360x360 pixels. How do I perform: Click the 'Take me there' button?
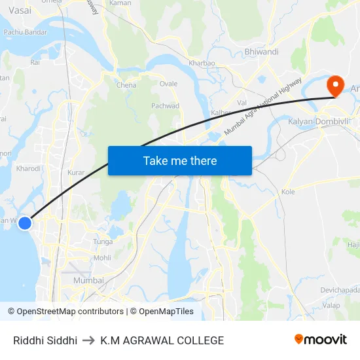(x=180, y=160)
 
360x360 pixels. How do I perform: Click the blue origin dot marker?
(x=25, y=223)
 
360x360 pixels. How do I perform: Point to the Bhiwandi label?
(x=261, y=52)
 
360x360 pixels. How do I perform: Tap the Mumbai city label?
(x=88, y=280)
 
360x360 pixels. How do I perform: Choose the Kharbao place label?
(x=202, y=63)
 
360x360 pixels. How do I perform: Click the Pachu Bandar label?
(x=26, y=32)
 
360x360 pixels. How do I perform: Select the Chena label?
(x=126, y=85)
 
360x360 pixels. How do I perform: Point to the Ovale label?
(x=168, y=84)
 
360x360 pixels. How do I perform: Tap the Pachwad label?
(x=166, y=105)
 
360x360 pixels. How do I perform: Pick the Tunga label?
(x=103, y=242)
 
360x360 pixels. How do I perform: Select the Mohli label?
(x=102, y=258)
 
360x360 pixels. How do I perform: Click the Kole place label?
(x=288, y=192)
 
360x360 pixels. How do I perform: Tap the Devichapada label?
(x=340, y=289)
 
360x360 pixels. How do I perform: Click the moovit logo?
(x=320, y=340)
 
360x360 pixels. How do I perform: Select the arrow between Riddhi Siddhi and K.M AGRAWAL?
(x=89, y=340)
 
